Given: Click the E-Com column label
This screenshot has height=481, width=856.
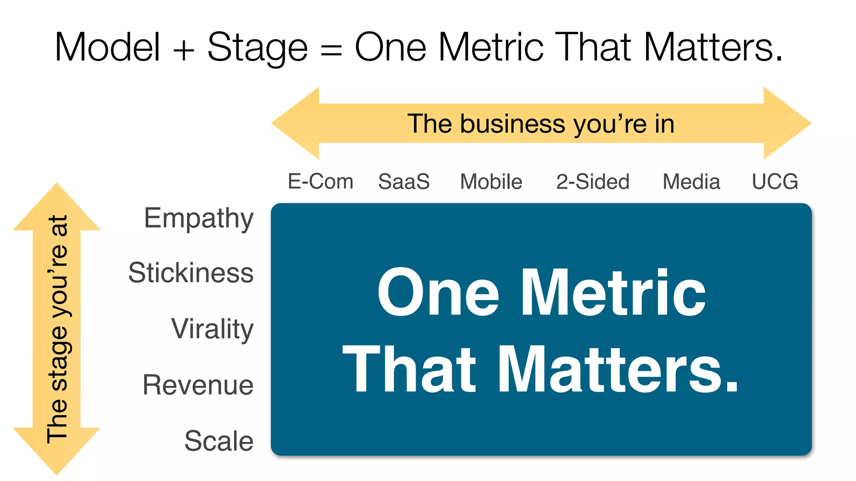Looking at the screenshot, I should click(x=321, y=182).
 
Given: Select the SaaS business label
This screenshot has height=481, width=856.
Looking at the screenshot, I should click(x=404, y=182).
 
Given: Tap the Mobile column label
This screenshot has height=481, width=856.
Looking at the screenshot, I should click(x=491, y=182).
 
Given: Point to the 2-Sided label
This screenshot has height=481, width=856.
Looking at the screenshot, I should click(x=593, y=182).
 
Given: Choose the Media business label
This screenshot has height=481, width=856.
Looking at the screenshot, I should click(x=691, y=182).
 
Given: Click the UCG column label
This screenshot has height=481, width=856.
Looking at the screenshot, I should click(x=775, y=182).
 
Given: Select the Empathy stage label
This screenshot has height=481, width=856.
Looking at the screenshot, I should click(x=199, y=218).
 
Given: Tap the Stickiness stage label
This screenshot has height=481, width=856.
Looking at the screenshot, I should click(x=191, y=273).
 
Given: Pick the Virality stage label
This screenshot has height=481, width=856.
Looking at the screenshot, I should click(x=212, y=329).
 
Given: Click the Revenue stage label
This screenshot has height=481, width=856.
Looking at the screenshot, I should click(x=198, y=385).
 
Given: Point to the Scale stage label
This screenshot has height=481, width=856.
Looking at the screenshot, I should click(x=219, y=441).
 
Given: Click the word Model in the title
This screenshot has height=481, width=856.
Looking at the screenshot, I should click(x=107, y=47).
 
